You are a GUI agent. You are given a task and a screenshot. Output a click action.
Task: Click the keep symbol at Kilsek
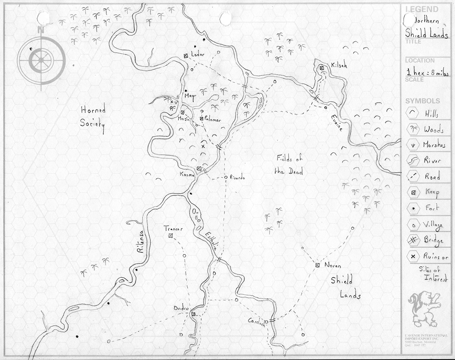(x=322, y=68)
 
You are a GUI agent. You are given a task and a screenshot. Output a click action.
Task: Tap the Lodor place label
(x=198, y=55)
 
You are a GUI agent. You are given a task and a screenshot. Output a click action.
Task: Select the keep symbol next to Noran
(x=317, y=265)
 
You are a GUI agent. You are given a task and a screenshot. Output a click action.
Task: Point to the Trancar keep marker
(x=171, y=236)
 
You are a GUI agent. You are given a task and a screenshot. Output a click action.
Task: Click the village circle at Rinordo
(x=226, y=177)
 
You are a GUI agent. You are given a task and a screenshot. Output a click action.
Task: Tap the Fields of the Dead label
(x=289, y=165)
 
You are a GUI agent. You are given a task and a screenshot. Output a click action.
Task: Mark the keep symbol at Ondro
(x=193, y=314)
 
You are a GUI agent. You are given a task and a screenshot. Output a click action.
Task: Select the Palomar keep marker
(x=202, y=119)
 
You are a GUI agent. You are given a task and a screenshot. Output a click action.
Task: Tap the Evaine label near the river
(x=336, y=122)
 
